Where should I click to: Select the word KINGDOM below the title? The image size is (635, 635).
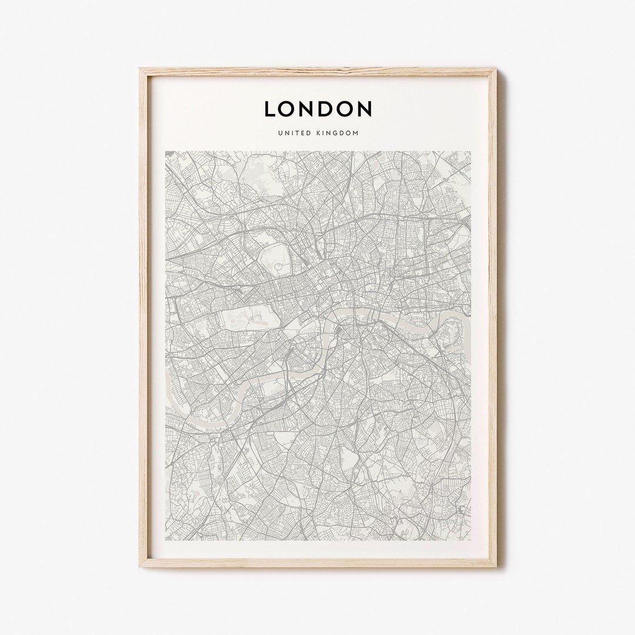tap(337, 133)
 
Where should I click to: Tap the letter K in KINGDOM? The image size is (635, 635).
tap(317, 133)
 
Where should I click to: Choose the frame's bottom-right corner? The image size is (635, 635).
tap(495, 566)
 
